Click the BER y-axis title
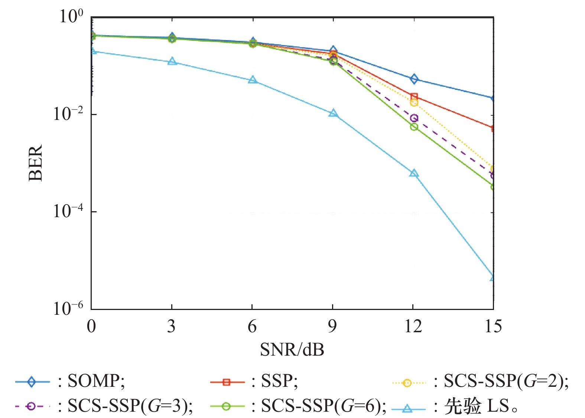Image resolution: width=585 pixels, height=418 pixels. (36, 163)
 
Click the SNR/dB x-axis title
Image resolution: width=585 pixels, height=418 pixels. (292, 350)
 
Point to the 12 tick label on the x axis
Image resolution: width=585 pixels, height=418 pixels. (413, 326)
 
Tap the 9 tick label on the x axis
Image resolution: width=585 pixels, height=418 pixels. (332, 326)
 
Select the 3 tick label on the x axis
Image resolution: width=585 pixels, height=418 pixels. (171, 326)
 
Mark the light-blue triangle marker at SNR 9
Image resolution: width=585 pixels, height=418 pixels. (333, 113)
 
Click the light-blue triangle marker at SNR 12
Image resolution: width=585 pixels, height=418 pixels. (414, 173)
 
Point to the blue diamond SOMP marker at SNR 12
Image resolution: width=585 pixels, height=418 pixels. (414, 79)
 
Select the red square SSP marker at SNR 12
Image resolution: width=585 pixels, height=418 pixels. (414, 97)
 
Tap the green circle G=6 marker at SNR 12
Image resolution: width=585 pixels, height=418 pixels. (414, 127)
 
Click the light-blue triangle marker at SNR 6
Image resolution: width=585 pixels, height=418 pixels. (253, 80)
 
